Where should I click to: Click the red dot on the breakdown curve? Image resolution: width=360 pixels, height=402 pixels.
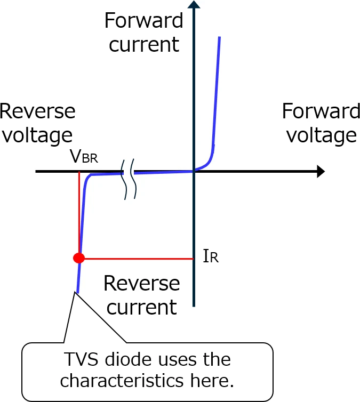[x=79, y=258]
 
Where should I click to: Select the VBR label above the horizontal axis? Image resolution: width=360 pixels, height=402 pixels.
[x=84, y=157]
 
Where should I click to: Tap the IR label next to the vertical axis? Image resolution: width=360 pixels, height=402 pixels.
[x=211, y=256]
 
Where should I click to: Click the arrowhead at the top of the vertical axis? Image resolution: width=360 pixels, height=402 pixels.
[x=194, y=5]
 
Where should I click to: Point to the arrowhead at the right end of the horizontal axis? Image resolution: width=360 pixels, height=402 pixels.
[x=321, y=172]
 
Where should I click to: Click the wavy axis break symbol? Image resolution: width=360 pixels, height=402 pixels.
[x=129, y=179]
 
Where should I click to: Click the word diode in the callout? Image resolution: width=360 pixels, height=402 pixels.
[x=122, y=359]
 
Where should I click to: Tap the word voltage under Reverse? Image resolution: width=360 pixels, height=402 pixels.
[x=37, y=135]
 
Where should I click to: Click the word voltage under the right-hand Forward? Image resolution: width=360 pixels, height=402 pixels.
[x=321, y=135]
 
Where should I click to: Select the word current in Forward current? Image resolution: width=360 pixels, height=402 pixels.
[x=143, y=44]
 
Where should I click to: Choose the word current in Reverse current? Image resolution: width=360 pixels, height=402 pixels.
[x=141, y=308]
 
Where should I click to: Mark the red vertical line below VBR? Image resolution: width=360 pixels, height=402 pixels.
[x=79, y=213]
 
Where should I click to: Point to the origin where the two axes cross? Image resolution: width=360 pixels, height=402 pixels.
[x=194, y=171]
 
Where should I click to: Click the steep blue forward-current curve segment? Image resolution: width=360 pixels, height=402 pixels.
[x=217, y=91]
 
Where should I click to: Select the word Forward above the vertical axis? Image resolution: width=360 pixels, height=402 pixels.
[x=143, y=21]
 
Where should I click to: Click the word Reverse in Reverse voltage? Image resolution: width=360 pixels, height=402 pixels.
[x=37, y=111]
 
